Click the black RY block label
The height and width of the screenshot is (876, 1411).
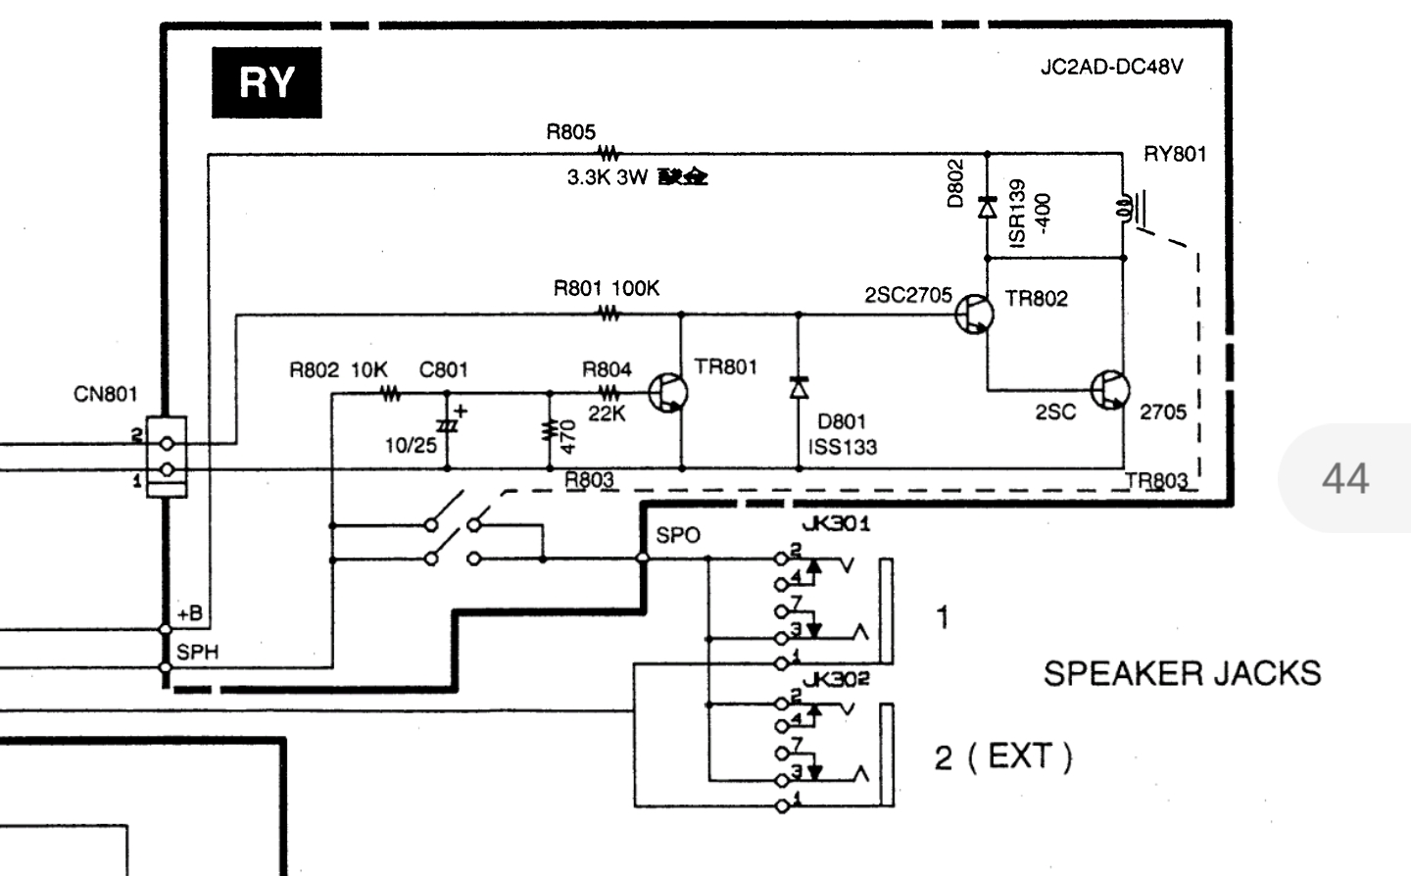click(267, 82)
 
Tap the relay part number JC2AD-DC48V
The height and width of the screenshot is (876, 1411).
click(1111, 68)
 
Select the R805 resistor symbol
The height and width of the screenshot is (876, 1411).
click(609, 154)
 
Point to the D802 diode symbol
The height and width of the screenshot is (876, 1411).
click(987, 207)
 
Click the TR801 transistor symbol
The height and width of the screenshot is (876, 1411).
click(672, 393)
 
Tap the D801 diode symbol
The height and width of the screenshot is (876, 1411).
click(799, 387)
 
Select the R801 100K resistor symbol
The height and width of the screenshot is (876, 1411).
click(609, 315)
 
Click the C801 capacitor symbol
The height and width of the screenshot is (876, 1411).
click(448, 427)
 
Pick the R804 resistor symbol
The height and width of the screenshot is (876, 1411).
click(609, 394)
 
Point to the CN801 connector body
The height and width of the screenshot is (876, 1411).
click(166, 457)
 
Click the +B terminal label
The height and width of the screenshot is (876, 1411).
click(190, 614)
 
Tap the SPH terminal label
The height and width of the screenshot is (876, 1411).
click(197, 652)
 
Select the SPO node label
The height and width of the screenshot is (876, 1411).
click(678, 535)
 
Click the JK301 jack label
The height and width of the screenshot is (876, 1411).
click(836, 523)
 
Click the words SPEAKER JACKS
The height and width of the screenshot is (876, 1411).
click(1182, 673)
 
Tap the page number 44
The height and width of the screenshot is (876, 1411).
click(1344, 478)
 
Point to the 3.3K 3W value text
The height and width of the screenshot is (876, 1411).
click(608, 178)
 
